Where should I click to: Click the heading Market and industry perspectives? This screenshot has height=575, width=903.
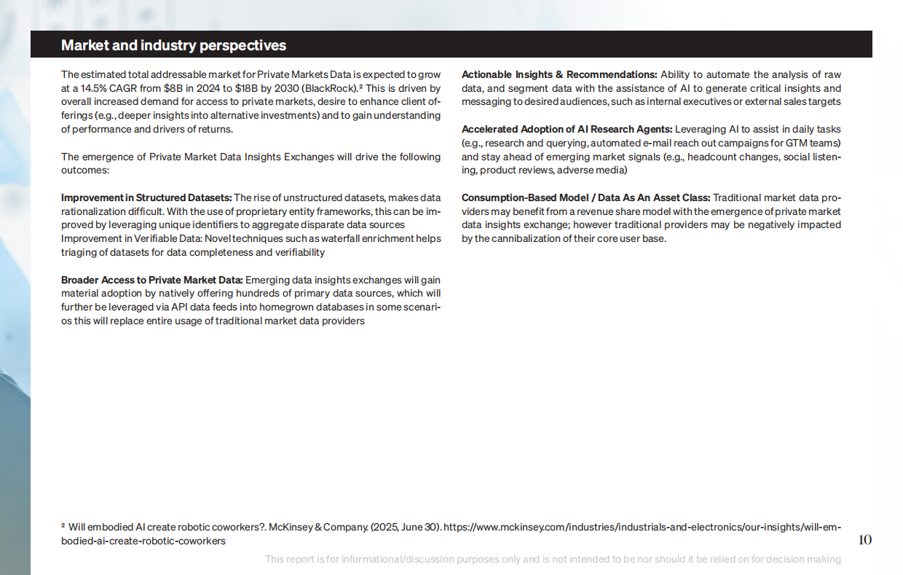[173, 45]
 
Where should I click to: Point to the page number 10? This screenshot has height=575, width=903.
[864, 540]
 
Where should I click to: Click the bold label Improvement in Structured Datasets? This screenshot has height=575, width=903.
[146, 197]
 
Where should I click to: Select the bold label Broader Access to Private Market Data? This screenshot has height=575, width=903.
[151, 280]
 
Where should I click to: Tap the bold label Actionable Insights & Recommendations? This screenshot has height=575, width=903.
[559, 74]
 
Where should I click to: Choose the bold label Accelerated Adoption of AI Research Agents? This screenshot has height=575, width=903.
[567, 129]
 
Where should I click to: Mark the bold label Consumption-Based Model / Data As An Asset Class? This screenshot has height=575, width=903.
[585, 197]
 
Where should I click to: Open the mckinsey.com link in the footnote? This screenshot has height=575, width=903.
[641, 527]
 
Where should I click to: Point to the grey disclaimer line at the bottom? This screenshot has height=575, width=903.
[553, 559]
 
